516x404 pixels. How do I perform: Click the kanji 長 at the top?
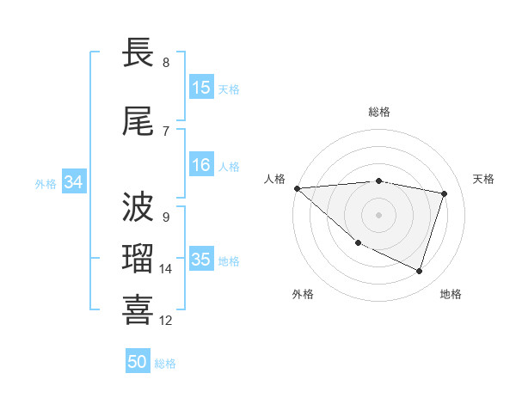(x=139, y=53)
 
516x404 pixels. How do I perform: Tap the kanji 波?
(x=139, y=207)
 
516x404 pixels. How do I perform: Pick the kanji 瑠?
(x=139, y=259)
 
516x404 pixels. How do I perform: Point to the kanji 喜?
(x=139, y=310)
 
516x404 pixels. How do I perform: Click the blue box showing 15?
(x=201, y=88)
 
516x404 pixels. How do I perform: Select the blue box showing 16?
(x=201, y=166)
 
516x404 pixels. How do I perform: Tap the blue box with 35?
(x=201, y=260)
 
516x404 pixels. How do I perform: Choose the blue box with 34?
(x=74, y=182)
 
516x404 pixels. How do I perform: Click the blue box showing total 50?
(x=138, y=363)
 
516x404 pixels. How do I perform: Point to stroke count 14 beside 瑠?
(x=166, y=269)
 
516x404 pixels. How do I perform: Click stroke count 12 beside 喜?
(x=166, y=321)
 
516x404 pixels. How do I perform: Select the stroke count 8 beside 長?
(x=166, y=63)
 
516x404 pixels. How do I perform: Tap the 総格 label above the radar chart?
(x=379, y=112)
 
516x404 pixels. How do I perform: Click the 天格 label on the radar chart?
(x=484, y=179)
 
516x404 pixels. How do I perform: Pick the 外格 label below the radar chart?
(x=303, y=294)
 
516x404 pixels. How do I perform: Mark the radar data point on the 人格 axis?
(x=297, y=188)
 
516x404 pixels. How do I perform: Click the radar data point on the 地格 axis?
(x=419, y=272)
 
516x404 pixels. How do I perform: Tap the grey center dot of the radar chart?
(x=378, y=214)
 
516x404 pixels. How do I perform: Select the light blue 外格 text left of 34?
(x=46, y=183)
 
